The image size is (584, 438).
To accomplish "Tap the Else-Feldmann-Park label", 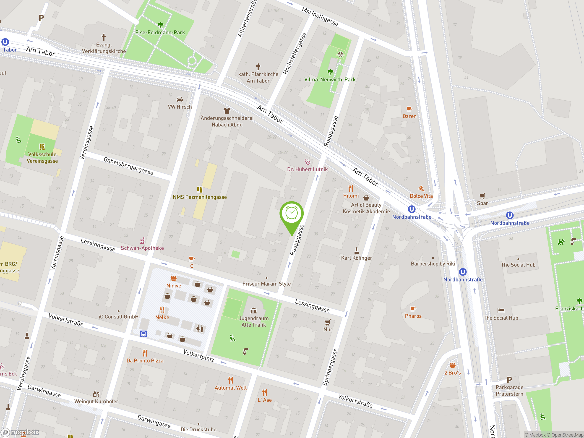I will point(160,32).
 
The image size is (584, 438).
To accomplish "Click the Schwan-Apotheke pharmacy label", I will point(142,248).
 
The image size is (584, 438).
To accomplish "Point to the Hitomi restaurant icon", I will point(351,188).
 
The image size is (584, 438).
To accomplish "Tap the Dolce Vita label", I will point(421,196).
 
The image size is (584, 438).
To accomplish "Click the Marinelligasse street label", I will point(320,16).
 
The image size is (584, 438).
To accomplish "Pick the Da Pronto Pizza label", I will point(145,361).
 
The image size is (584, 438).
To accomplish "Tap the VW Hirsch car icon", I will point(180,99).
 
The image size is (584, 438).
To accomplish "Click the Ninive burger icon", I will point(173,278).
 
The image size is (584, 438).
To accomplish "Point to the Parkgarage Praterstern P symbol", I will point(509,380).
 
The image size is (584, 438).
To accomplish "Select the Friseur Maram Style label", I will point(266,284).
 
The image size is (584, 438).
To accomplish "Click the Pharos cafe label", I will point(413,316).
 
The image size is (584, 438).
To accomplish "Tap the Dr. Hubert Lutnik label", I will point(307,169).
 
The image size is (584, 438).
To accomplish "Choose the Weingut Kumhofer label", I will point(96,401).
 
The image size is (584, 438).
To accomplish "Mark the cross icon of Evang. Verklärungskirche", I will point(104,37).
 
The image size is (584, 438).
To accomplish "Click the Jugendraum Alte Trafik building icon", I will point(254,310).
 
